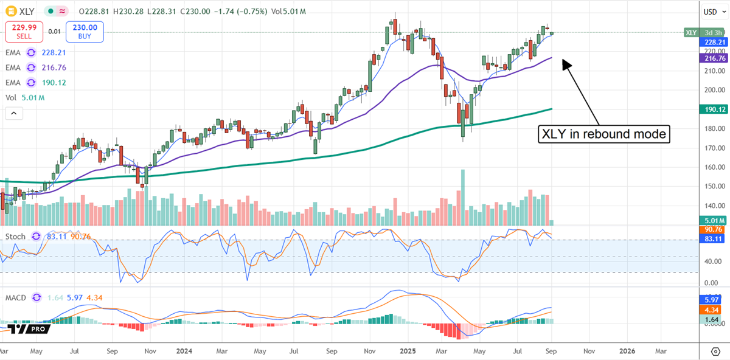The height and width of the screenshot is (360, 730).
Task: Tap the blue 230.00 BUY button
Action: [85, 32]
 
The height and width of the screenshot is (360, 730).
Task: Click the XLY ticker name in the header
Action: [26, 12]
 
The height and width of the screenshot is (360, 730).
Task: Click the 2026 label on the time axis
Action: [627, 351]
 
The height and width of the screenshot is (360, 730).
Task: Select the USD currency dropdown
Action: [711, 12]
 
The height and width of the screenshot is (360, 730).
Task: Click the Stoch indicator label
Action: [16, 237]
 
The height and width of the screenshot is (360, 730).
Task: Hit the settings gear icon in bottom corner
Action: [715, 351]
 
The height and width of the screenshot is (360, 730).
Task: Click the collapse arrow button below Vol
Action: [13, 113]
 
